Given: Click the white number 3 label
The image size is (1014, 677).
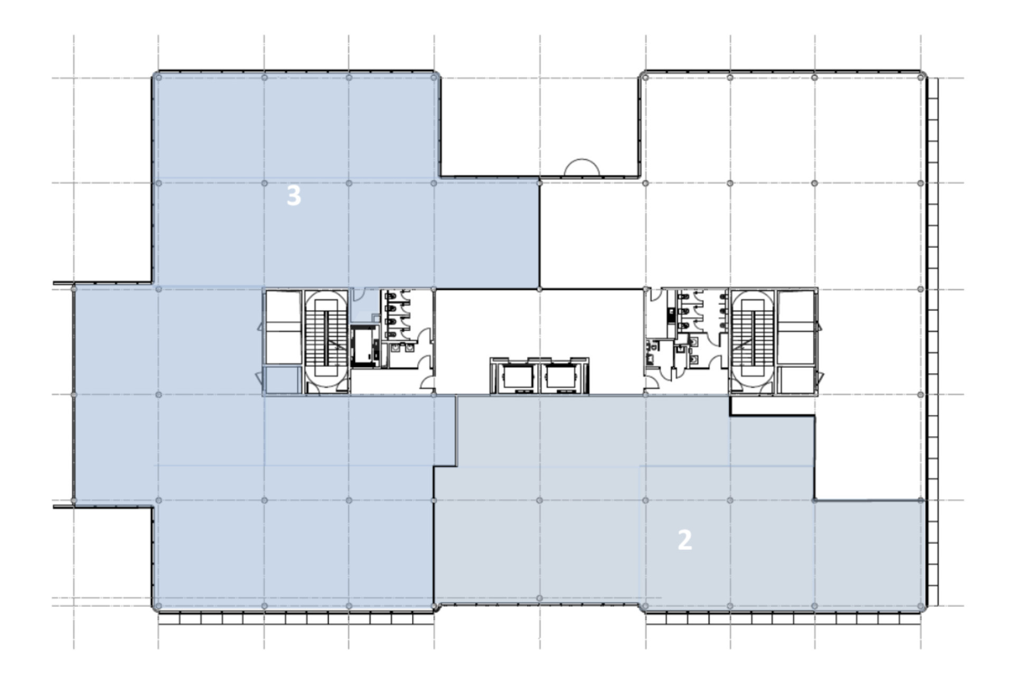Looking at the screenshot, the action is (x=294, y=196).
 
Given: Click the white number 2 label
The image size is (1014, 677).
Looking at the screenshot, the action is (x=684, y=540).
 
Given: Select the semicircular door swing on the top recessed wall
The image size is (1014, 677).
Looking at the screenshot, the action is (x=582, y=167).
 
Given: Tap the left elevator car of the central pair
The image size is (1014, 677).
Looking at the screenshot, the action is (x=518, y=377).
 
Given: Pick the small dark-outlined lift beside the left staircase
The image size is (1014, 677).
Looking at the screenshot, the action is (x=364, y=346).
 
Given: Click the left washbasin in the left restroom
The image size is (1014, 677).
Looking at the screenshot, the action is (x=397, y=347).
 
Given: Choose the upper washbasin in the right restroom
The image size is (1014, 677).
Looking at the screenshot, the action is (x=694, y=342).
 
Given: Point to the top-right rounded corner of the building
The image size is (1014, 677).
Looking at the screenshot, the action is (x=923, y=75).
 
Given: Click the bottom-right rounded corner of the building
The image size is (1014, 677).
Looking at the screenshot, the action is (x=923, y=607).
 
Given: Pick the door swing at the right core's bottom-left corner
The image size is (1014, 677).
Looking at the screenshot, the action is (x=652, y=385).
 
